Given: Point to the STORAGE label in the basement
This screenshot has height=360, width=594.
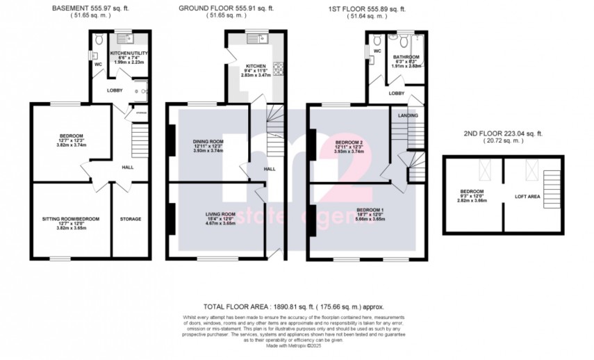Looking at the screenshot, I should point(130,219).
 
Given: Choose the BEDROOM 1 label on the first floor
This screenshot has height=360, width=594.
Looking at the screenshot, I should point(369,210).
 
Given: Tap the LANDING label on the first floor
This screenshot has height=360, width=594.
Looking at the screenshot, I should point(407,115).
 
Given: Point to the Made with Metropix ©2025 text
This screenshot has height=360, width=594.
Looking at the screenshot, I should point(295,346).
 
